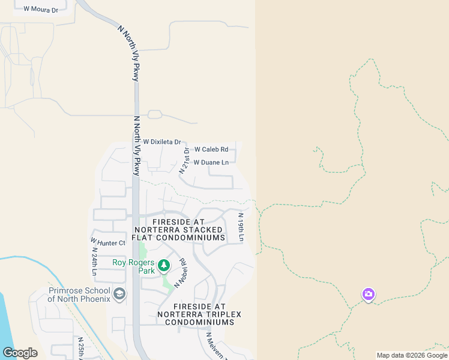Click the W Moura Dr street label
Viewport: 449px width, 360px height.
(40, 10)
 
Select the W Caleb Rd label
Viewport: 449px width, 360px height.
(211, 149)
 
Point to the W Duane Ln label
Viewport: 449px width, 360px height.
(211, 163)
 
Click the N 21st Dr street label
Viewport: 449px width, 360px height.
(185, 160)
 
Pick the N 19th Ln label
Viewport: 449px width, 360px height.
(241, 227)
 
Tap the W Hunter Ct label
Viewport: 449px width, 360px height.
(108, 242)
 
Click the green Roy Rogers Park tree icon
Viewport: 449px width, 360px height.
(164, 265)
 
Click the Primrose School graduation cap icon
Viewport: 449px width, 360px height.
(120, 293)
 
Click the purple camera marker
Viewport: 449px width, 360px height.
(369, 294)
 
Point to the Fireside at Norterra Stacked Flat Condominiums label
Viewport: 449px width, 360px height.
(179, 230)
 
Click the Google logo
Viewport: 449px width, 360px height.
(20, 353)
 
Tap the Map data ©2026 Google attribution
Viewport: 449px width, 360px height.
(411, 355)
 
